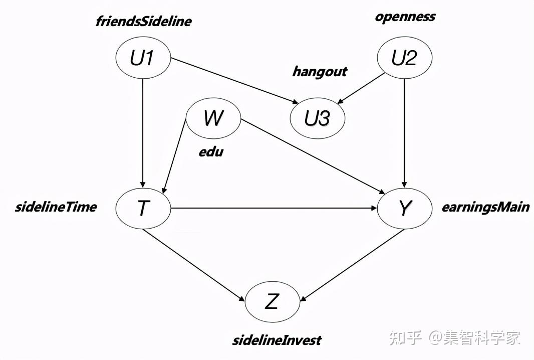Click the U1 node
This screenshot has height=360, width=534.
(x=143, y=58)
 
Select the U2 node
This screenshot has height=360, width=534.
(x=404, y=58)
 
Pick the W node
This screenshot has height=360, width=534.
(x=213, y=119)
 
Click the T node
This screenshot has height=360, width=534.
(x=143, y=208)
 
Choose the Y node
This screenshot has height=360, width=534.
(x=404, y=208)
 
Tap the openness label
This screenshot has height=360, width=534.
(x=405, y=17)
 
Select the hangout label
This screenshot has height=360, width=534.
(x=319, y=71)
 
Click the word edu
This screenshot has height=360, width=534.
(x=210, y=151)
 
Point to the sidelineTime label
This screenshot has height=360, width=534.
(x=56, y=207)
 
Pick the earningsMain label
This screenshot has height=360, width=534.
(x=485, y=207)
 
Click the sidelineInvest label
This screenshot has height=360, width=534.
(x=277, y=340)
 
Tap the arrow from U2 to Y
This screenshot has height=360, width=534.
(x=404, y=133)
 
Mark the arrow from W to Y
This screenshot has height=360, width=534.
(x=311, y=155)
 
